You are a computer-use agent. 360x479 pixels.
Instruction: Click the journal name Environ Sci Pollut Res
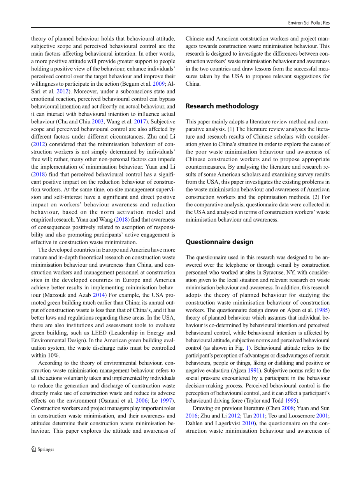307,23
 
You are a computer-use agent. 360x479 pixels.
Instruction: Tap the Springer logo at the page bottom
43,449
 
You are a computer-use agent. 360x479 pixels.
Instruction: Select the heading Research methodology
222,106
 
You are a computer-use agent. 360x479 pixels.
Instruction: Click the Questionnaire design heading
219,242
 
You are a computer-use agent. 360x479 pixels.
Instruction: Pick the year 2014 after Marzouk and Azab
98,295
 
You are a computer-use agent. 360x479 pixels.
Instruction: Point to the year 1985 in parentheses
323,310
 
